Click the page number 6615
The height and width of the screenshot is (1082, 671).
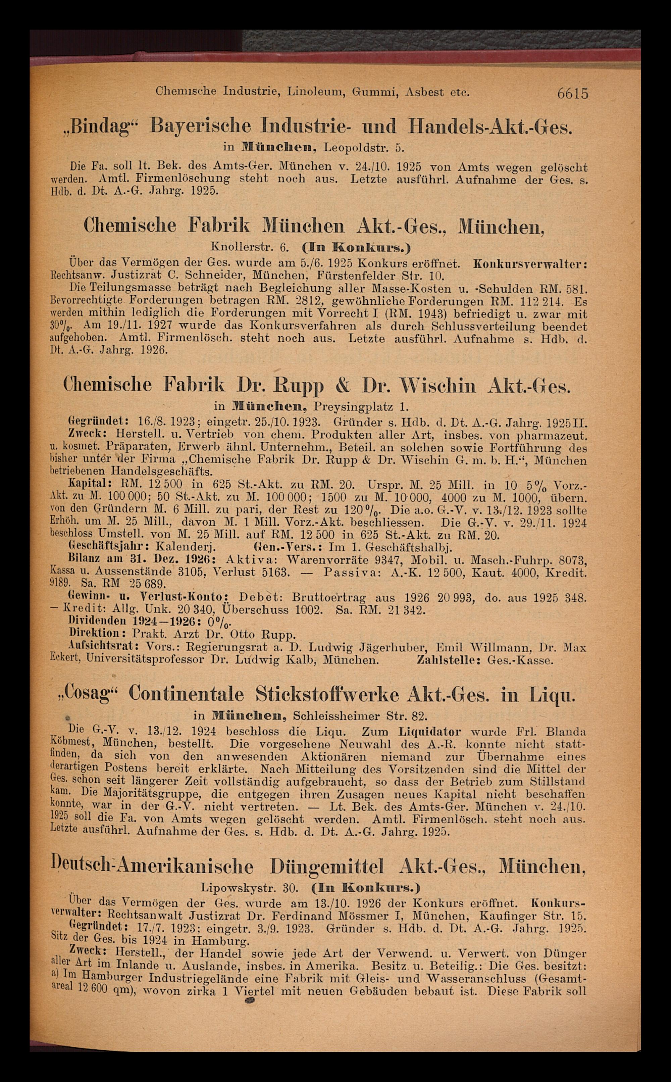pyautogui.click(x=573, y=94)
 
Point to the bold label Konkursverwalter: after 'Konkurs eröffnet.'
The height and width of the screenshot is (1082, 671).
pyautogui.click(x=530, y=264)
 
